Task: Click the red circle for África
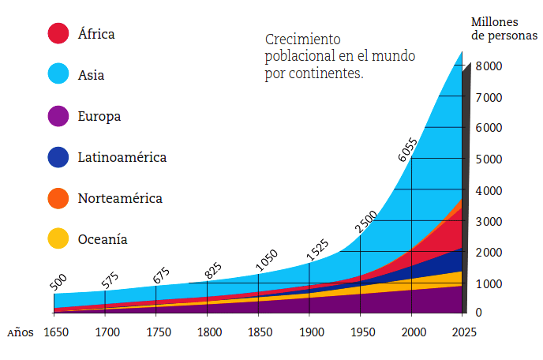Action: (58, 33)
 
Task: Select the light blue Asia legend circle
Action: (58, 74)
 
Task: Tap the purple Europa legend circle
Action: (58, 116)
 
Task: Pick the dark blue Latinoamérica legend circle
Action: (58, 157)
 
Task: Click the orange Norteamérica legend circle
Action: (58, 198)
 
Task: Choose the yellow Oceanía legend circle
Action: (58, 238)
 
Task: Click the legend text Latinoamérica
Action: (122, 157)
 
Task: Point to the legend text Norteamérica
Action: (120, 198)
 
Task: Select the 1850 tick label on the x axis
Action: (258, 332)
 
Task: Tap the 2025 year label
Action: (462, 332)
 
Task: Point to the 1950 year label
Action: (361, 332)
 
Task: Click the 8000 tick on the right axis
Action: (489, 66)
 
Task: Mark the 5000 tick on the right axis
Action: (489, 159)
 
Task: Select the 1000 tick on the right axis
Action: (489, 283)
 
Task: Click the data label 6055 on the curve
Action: (409, 148)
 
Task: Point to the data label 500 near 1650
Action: (58, 283)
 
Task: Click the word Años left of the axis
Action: (21, 332)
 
